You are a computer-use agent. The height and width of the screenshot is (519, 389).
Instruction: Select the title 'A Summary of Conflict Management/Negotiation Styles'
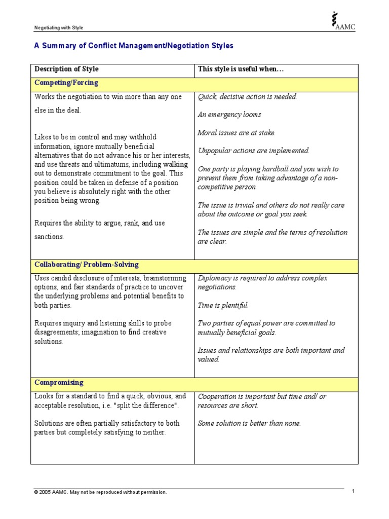(134, 46)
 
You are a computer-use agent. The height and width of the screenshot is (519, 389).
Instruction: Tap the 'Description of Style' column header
(66, 69)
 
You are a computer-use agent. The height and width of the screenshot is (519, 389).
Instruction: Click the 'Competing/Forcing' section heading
(66, 83)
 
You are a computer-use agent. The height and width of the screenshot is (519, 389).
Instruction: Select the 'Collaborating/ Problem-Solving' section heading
(86, 265)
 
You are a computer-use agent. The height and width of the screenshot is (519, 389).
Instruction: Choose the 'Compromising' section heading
(59, 383)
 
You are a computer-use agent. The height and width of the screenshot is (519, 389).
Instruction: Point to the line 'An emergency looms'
(229, 115)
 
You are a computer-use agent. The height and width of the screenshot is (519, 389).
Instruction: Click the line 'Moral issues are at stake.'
(237, 133)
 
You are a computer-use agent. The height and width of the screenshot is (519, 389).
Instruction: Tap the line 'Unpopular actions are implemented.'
(253, 151)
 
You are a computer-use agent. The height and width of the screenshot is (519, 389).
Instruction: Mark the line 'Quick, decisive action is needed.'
(247, 97)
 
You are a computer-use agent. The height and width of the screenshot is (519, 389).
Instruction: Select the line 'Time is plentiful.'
(223, 305)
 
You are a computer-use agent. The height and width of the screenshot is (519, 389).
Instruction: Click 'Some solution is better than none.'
(249, 423)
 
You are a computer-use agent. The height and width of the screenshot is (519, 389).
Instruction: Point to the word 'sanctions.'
(49, 237)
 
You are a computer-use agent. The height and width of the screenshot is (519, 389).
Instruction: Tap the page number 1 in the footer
(354, 492)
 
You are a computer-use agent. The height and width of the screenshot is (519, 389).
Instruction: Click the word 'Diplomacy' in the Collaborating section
(213, 278)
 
